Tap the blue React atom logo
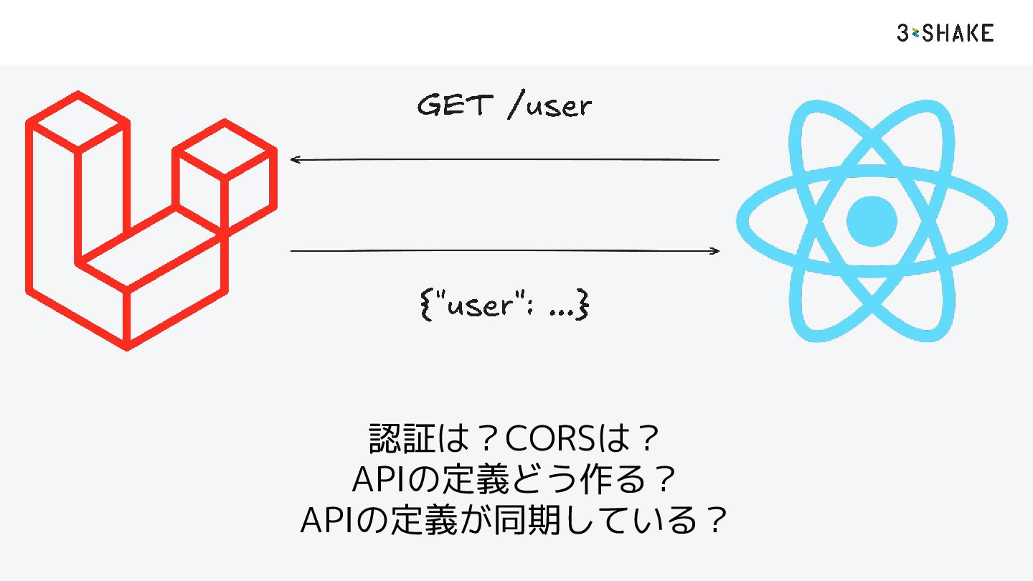(872, 220)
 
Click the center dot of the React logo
(872, 220)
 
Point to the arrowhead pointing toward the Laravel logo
(294, 159)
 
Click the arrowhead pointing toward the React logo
(715, 251)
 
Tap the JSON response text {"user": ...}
(503, 306)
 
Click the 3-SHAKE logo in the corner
(945, 33)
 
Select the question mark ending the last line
(712, 521)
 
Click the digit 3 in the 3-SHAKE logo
(903, 33)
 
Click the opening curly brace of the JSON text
(424, 306)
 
